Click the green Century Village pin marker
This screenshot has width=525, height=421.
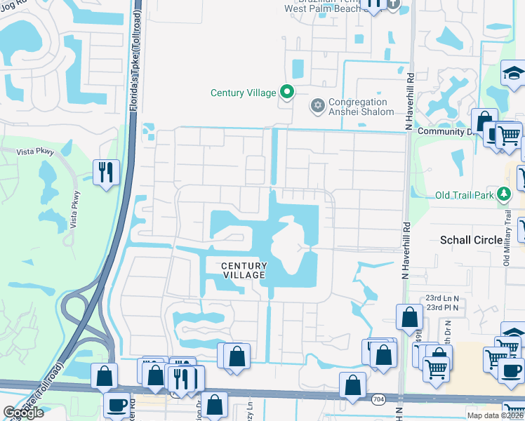point(286,92)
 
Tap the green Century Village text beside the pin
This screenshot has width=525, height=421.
point(244,93)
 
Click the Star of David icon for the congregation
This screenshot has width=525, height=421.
point(317,106)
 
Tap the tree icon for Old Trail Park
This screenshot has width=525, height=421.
point(503,193)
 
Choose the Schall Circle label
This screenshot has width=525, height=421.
point(471,240)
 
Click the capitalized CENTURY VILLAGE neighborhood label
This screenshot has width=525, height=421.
point(244,270)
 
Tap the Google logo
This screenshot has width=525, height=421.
point(23,413)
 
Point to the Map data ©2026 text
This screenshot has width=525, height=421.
point(495,416)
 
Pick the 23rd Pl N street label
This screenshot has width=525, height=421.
point(442,307)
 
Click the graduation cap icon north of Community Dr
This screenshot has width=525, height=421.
point(514,72)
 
